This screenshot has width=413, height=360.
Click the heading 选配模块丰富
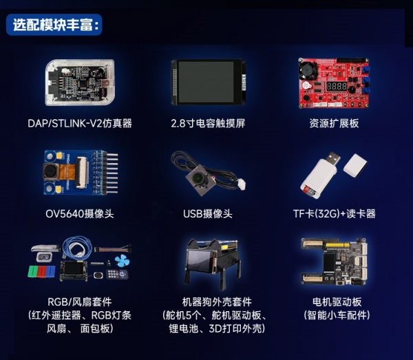(56, 25)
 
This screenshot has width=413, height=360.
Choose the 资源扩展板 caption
(334, 124)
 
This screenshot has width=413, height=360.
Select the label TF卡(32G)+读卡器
(334, 213)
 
